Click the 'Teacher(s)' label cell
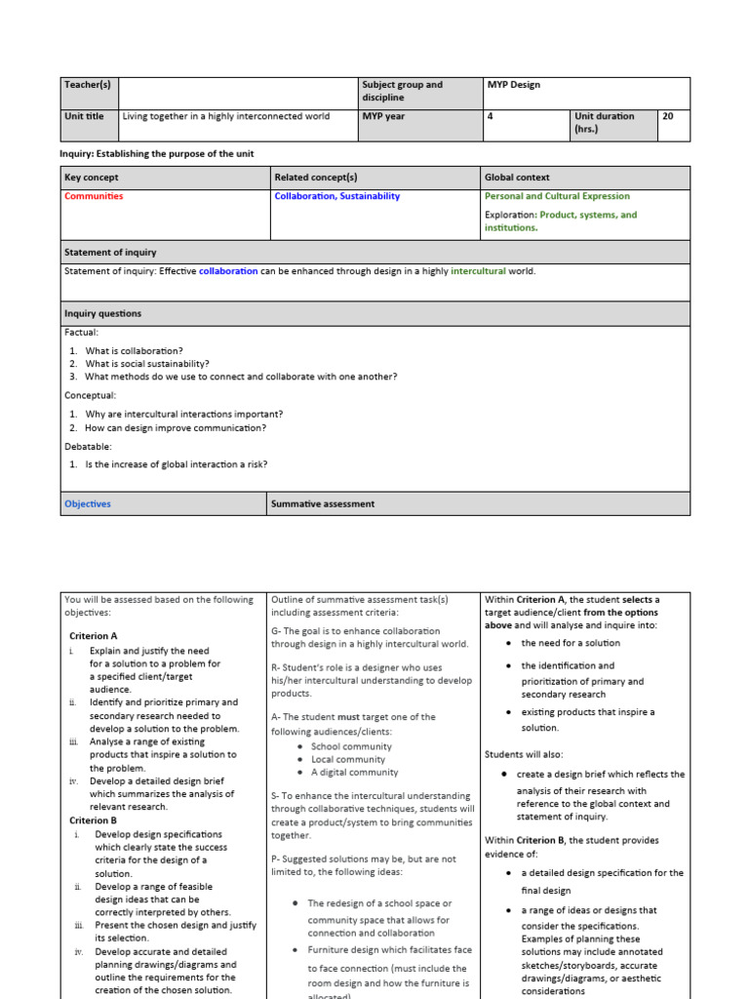click(x=88, y=85)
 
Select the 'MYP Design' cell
click(x=513, y=85)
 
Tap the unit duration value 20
click(x=668, y=116)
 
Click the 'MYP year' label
click(x=383, y=116)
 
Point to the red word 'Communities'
click(x=94, y=196)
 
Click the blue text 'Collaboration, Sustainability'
click(x=337, y=196)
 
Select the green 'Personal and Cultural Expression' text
click(x=557, y=196)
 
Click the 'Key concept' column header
click(x=92, y=178)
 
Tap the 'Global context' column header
click(x=517, y=178)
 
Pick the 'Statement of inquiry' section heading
click(x=110, y=253)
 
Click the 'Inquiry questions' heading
click(x=102, y=314)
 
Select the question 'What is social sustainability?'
click(x=147, y=364)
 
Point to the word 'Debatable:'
click(x=88, y=446)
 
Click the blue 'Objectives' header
click(x=88, y=504)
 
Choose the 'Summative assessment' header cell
click(x=323, y=504)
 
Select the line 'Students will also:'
click(x=524, y=754)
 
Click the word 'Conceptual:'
click(x=91, y=395)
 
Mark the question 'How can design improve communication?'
click(x=176, y=427)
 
